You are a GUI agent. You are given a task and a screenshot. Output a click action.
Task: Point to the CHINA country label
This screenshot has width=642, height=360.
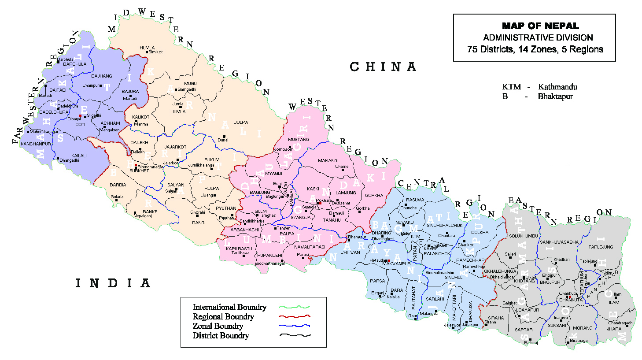383,67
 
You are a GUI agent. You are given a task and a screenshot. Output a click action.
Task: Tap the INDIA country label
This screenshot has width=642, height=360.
113,283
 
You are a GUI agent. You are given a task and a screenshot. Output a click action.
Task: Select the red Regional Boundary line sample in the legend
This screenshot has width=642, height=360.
295,316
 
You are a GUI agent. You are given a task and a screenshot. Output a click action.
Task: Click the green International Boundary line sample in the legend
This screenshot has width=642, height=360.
295,307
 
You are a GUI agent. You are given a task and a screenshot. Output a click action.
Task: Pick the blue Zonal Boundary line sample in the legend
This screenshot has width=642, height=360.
295,326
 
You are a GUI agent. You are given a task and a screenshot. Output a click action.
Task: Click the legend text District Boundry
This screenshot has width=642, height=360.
221,336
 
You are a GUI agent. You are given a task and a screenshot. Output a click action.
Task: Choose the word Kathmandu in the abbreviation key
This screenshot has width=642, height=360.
557,87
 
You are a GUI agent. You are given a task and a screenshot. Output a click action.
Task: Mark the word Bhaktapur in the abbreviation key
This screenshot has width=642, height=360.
555,96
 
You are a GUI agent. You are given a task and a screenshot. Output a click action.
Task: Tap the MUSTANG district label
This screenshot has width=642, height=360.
299,140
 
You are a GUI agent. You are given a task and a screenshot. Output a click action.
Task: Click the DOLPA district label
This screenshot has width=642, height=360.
240,122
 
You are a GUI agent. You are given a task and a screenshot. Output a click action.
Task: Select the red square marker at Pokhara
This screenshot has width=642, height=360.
320,204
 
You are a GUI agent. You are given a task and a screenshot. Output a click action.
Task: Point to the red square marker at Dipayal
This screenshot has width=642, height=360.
80,116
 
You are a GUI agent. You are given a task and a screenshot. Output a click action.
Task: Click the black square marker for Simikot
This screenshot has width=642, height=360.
147,52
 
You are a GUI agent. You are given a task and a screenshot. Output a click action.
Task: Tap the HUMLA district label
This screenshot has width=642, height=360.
147,48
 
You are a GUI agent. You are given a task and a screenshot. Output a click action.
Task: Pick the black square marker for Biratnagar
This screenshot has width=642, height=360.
568,340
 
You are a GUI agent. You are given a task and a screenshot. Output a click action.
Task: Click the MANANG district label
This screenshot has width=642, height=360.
328,161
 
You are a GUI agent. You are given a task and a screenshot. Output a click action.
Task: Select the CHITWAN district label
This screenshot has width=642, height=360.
350,252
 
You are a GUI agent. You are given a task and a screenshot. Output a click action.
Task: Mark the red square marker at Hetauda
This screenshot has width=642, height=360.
389,261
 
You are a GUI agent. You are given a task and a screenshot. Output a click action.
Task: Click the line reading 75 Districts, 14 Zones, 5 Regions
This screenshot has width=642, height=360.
535,49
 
